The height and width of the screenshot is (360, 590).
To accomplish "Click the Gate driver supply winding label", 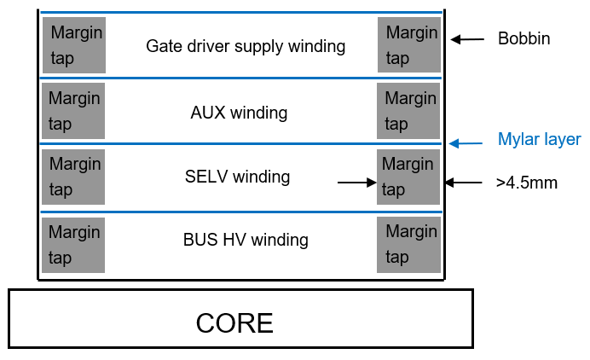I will (246, 46).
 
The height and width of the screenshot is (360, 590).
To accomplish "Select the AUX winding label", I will (239, 112).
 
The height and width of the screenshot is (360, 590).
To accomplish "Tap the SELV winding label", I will (237, 177).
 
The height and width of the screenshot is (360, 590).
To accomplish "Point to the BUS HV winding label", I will (246, 240).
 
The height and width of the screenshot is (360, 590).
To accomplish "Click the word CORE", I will (234, 323).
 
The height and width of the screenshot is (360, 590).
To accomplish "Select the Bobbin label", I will (523, 38).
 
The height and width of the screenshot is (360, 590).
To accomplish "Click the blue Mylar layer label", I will (539, 139).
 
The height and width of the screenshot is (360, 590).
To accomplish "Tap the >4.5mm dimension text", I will (526, 182).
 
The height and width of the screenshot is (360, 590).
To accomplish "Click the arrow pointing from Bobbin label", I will (467, 38).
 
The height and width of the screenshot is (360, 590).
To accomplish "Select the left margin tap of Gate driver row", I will (73, 45).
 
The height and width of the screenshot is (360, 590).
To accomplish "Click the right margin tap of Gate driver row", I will (408, 45).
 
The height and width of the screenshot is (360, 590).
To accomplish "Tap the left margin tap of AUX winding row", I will (73, 111).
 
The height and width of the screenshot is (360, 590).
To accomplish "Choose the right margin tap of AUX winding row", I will (408, 111).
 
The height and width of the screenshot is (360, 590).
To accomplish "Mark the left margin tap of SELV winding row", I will (73, 177).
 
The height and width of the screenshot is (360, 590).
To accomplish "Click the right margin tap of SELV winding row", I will (408, 177).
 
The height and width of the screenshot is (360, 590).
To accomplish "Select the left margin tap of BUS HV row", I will (73, 245).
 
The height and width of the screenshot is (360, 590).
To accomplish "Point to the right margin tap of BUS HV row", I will (408, 245).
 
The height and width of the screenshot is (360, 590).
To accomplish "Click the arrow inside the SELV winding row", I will (356, 182).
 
